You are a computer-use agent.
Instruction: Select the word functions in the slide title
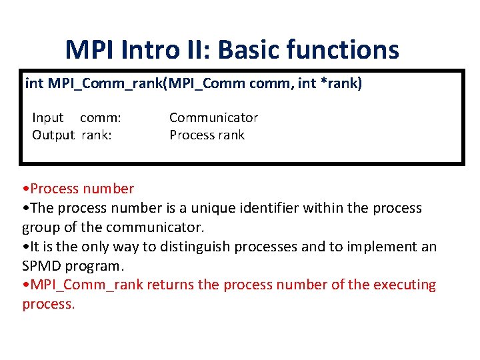349,49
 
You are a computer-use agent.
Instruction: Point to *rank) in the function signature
340,84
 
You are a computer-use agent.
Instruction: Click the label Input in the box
47,118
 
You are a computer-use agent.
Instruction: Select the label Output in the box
53,135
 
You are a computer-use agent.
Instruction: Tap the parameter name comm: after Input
101,118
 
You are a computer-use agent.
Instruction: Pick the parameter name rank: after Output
97,135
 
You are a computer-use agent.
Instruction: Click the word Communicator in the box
213,118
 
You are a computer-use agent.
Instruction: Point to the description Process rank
207,135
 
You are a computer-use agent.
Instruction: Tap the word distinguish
195,247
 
